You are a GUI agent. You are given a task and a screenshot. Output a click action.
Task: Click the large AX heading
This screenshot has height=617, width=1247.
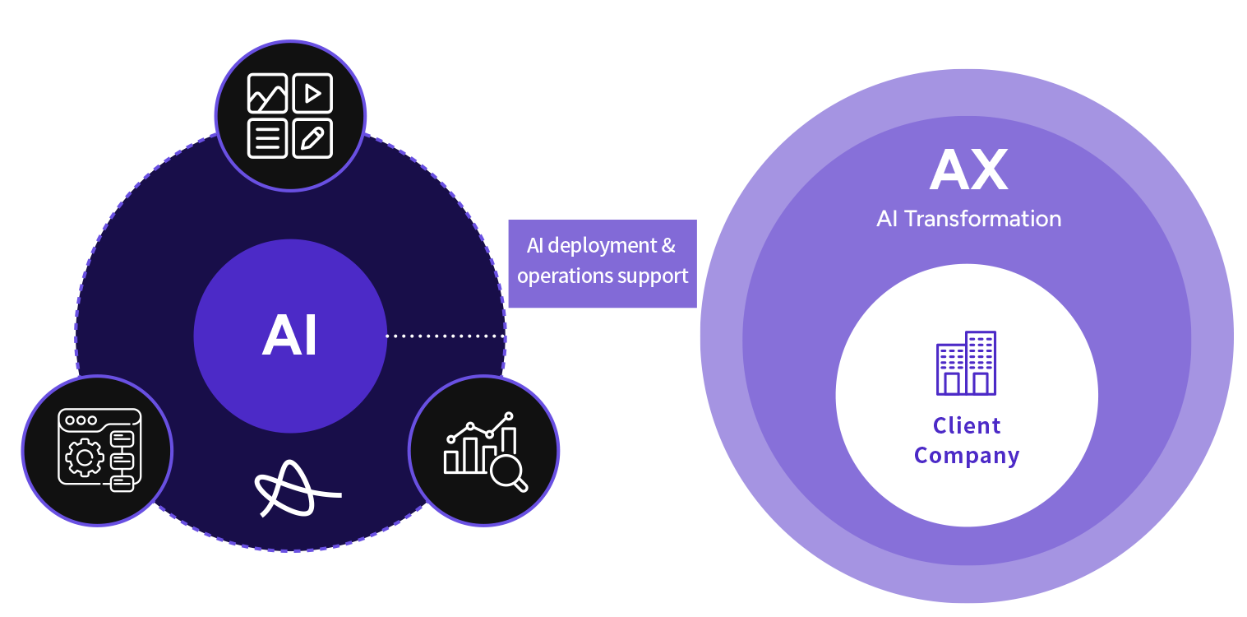(968, 170)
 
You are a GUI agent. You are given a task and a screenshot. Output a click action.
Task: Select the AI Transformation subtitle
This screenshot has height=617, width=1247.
(968, 219)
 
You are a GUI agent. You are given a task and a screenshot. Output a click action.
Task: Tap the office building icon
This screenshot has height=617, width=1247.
(966, 363)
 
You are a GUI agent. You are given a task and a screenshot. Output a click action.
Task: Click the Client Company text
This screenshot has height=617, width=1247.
(967, 440)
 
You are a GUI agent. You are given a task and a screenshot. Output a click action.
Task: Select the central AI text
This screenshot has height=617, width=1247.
(289, 336)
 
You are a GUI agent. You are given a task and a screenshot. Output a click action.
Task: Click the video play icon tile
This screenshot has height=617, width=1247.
(312, 93)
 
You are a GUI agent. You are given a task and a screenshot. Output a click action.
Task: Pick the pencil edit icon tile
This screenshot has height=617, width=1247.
(312, 138)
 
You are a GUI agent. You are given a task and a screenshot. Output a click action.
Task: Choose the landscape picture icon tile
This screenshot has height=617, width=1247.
(267, 93)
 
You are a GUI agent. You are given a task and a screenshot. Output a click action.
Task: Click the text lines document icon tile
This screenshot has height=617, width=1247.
(267, 138)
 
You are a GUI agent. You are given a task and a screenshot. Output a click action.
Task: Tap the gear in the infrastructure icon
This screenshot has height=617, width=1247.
(83, 457)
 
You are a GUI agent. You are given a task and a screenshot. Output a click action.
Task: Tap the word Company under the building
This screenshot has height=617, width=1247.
(967, 456)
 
